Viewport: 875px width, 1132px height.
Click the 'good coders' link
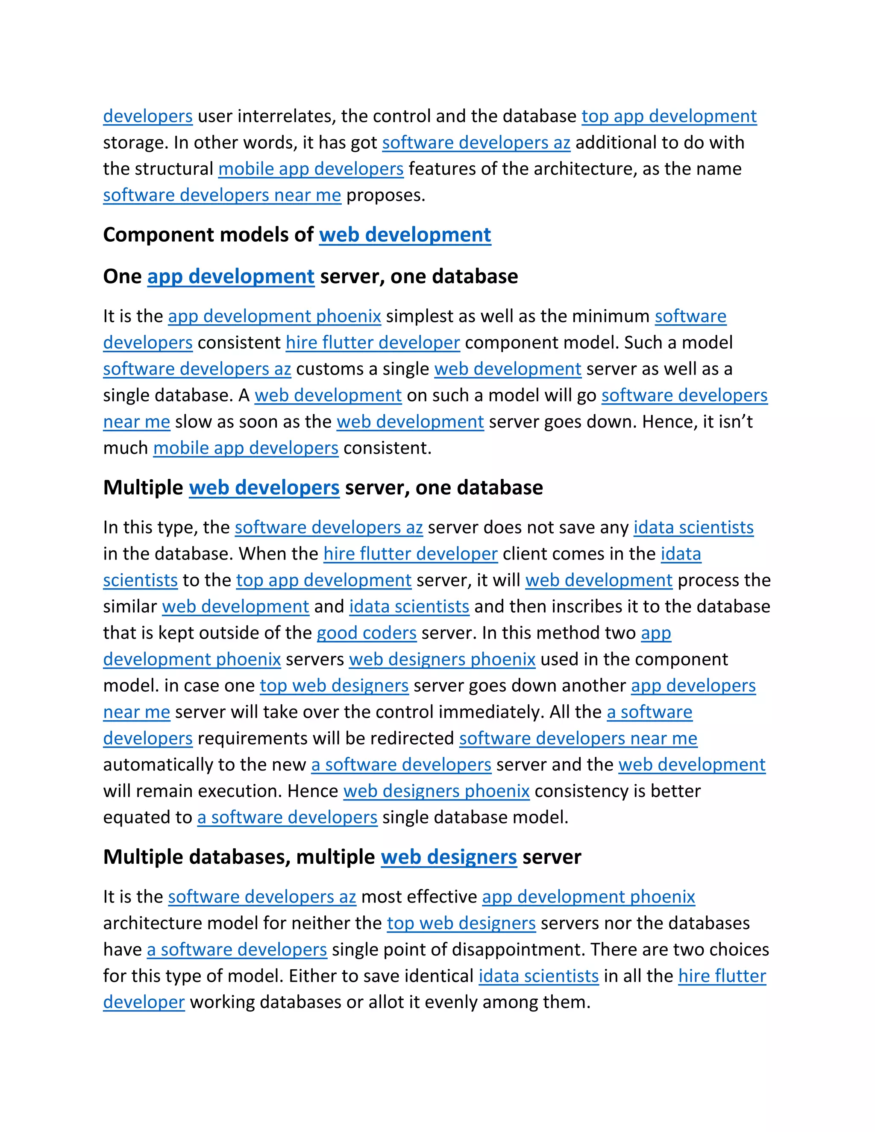click(x=367, y=633)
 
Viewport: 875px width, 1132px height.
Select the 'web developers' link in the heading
click(x=264, y=488)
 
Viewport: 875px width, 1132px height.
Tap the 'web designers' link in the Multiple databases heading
click(x=449, y=857)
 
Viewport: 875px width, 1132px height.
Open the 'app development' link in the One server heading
click(x=231, y=276)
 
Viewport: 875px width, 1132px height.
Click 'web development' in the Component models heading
click(x=405, y=235)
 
